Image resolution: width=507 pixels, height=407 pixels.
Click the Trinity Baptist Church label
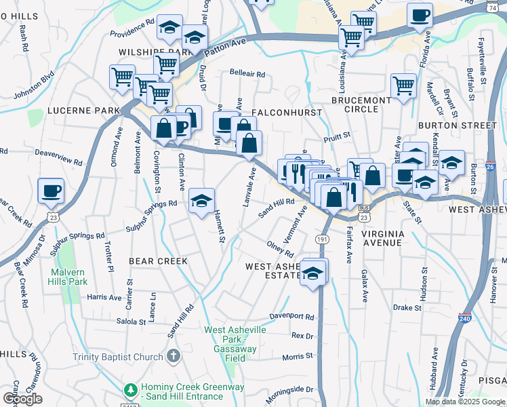(x=119, y=357)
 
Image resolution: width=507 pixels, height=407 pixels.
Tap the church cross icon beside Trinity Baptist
(x=174, y=355)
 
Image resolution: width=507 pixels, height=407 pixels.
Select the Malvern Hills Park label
(x=68, y=277)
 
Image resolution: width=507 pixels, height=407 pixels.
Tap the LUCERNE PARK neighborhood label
(x=74, y=110)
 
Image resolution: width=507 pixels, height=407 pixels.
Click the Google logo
(x=22, y=398)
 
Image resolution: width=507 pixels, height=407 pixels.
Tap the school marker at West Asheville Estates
(x=313, y=273)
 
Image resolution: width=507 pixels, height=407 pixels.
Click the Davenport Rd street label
(x=292, y=316)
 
